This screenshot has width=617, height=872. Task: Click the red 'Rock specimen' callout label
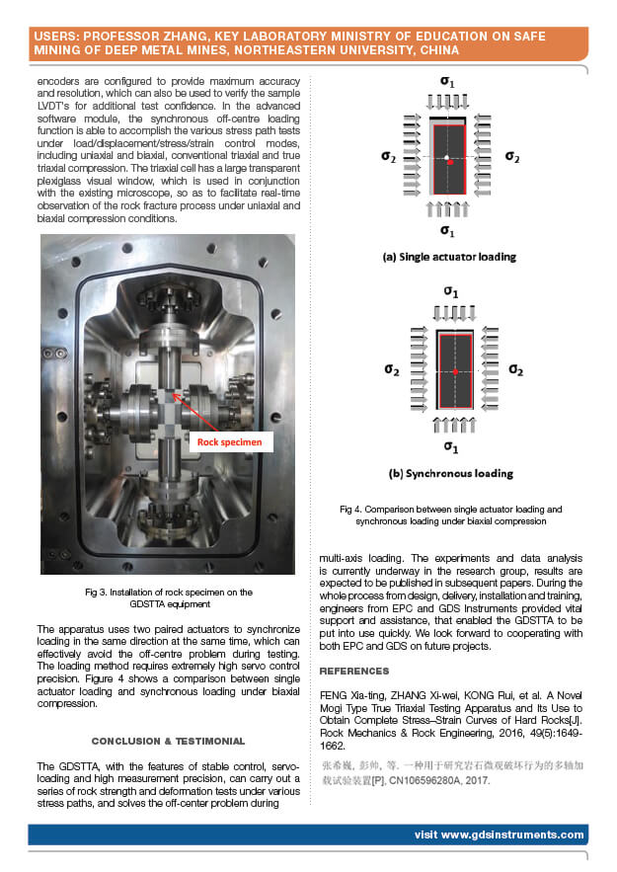click(x=230, y=441)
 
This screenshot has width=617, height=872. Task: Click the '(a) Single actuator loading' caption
click(x=449, y=257)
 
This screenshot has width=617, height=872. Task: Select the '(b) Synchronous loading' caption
click(x=450, y=473)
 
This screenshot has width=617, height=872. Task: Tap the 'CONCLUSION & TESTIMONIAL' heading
click(x=168, y=740)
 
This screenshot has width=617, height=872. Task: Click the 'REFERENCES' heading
click(x=354, y=671)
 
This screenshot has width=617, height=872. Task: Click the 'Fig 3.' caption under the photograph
click(x=102, y=592)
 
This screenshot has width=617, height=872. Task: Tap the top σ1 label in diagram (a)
click(x=449, y=79)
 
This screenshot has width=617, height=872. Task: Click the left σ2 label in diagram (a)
click(x=389, y=156)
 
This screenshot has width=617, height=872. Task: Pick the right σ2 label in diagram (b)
click(x=514, y=369)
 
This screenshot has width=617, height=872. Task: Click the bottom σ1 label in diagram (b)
click(x=450, y=446)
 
